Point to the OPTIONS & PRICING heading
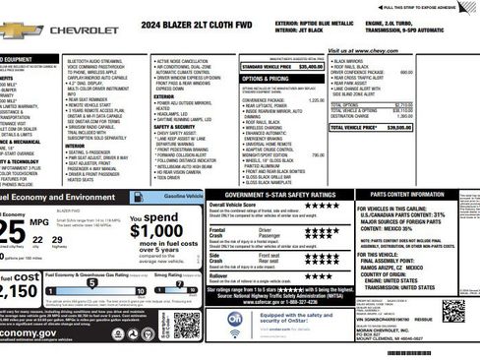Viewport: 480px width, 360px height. pos(266,78)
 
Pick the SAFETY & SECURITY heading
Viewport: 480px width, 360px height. pos(174,127)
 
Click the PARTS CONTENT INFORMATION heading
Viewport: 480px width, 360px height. pos(403,195)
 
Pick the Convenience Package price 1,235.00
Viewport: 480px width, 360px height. pos(317,100)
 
